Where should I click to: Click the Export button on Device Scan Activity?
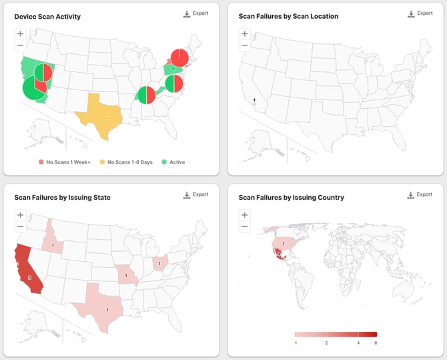click(195, 13)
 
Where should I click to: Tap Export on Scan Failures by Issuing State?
click(195, 195)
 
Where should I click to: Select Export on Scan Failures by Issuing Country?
click(420, 195)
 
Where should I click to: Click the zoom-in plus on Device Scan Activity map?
click(20, 33)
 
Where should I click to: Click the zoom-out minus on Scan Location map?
click(245, 45)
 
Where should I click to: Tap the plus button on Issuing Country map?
click(245, 215)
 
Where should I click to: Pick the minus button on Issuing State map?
click(20, 226)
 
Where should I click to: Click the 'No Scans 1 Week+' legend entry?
click(65, 162)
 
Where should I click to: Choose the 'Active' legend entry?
click(173, 162)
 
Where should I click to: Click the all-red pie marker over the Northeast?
click(179, 57)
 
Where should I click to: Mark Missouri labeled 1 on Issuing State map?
click(126, 274)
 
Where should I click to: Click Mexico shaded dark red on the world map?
click(279, 254)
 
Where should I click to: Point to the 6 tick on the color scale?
click(376, 343)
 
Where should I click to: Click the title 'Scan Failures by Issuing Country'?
click(292, 198)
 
